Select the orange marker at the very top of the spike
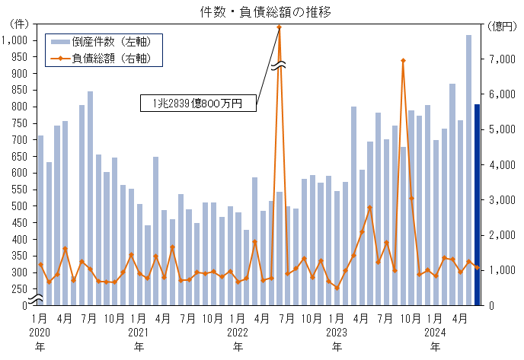280,27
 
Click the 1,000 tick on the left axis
16,40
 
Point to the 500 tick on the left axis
21,205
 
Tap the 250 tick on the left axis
21,288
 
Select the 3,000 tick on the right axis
501,199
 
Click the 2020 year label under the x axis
40,332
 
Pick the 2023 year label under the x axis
337,332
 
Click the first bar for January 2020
40,220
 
